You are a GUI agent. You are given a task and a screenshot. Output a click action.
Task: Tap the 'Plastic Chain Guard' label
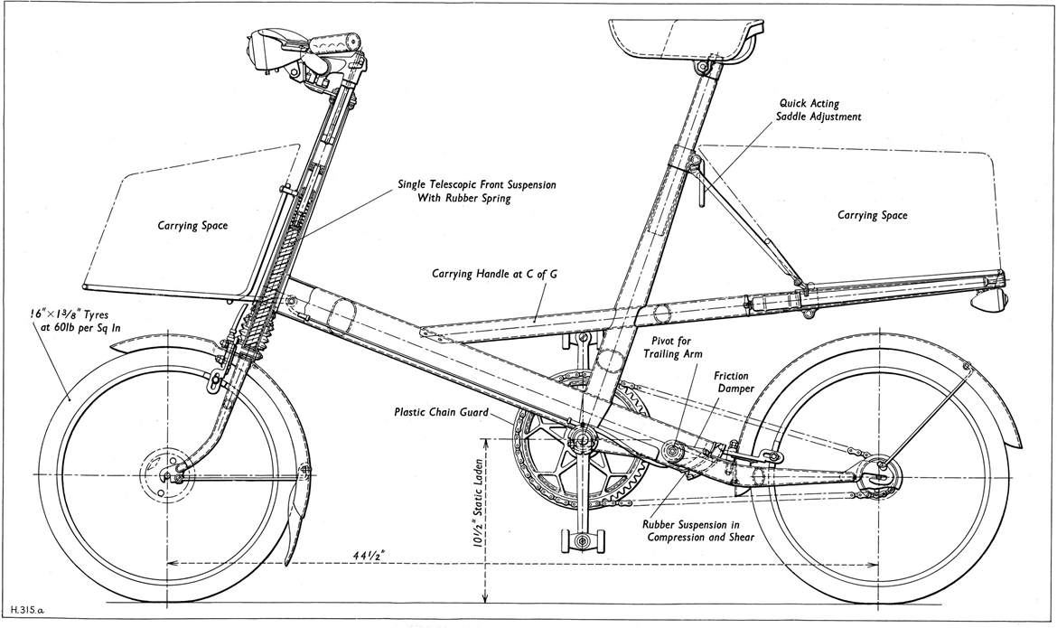point(440,412)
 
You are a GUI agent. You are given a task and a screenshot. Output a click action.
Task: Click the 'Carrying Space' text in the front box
point(191,225)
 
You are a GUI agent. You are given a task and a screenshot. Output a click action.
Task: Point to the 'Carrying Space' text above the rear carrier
point(872,215)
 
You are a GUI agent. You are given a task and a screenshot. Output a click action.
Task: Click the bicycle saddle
point(683,38)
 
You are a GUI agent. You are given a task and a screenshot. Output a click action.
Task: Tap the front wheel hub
point(167,475)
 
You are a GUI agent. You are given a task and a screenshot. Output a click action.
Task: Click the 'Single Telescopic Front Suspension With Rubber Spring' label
point(476,192)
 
